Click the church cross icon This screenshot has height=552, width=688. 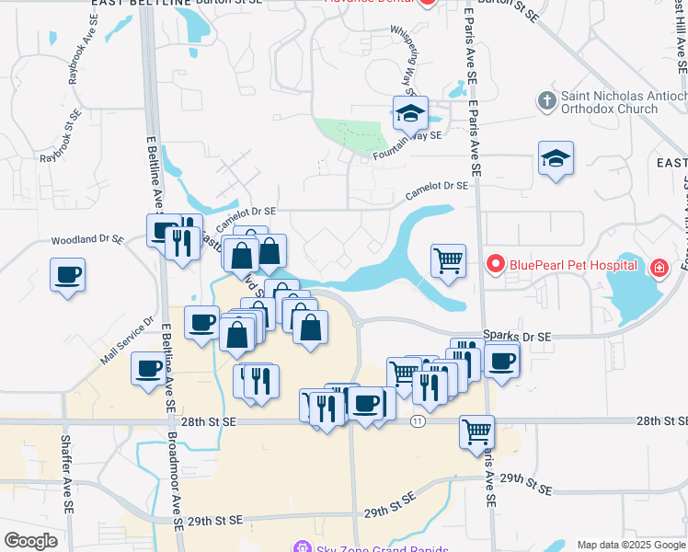pos(545,99)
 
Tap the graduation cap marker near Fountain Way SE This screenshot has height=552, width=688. pos(410,114)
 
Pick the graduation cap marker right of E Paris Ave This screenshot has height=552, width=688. pos(556,159)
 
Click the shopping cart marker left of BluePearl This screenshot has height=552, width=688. pos(448,260)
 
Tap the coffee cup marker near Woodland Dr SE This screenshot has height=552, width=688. pos(69,275)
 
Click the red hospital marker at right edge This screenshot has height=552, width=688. pos(659,269)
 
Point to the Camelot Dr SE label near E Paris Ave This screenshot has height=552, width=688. pos(437,190)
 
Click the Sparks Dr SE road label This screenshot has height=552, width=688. pos(517,337)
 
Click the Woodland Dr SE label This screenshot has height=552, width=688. pos(86,239)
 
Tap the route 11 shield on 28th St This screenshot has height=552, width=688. pos(418,420)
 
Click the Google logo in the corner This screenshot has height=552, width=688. pos(30,540)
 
